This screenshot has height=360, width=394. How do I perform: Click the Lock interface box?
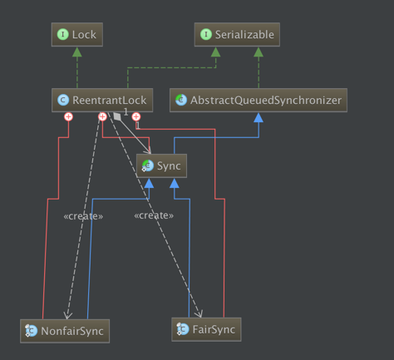[x=77, y=35]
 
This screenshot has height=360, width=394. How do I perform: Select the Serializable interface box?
[x=237, y=35]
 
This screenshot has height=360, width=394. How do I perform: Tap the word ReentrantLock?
[x=109, y=101]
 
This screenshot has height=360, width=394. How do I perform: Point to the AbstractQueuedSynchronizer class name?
[x=266, y=101]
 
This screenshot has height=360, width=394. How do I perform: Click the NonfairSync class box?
[x=65, y=331]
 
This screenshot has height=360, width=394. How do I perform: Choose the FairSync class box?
[x=206, y=329]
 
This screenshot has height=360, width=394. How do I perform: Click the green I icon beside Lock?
[x=63, y=34]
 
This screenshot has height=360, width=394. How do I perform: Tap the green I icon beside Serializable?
[x=206, y=34]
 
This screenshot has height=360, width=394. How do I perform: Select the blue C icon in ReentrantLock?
[x=63, y=100]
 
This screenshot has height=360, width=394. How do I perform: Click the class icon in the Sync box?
[x=147, y=165]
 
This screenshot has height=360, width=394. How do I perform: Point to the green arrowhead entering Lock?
[x=77, y=52]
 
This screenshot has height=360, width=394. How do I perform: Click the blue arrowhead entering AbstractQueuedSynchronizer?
[x=259, y=117]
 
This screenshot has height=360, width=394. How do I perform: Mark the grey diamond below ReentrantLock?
[x=117, y=116]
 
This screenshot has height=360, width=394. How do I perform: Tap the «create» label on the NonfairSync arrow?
[x=83, y=216]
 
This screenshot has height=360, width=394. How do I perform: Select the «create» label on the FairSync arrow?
[x=154, y=215]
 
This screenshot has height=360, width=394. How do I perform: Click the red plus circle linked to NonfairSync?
[x=68, y=116]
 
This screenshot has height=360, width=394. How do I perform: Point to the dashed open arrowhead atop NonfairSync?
[x=67, y=315]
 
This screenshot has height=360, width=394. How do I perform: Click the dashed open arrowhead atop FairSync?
[x=199, y=313]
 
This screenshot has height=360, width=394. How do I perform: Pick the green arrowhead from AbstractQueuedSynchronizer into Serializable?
[x=259, y=52]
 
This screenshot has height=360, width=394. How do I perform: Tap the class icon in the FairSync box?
[x=183, y=329]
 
